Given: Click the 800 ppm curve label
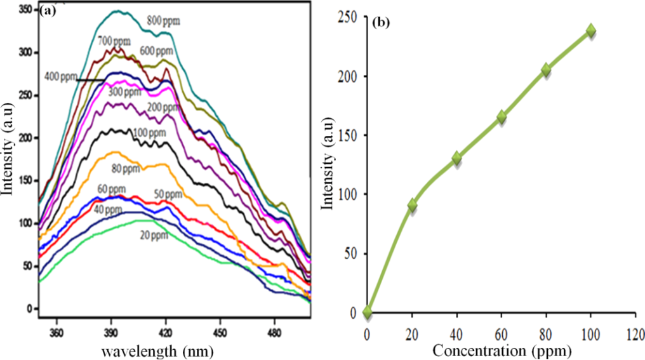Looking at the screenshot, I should (x=164, y=21).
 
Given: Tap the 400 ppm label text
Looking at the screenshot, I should (x=60, y=77).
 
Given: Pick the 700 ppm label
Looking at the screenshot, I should (x=113, y=41).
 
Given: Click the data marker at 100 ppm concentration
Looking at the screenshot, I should (x=591, y=30).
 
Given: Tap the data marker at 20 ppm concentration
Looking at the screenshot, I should (x=413, y=205).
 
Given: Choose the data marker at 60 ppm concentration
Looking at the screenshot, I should (x=502, y=117).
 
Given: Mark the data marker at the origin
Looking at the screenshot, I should (x=368, y=312).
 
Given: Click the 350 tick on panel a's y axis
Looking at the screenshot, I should (x=24, y=10).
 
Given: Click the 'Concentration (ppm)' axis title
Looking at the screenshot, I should (x=502, y=350).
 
